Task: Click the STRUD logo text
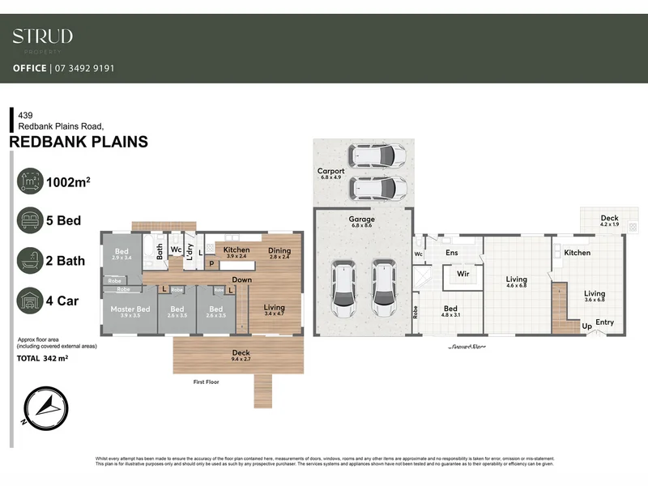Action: (42, 36)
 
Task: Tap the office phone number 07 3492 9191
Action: (83, 69)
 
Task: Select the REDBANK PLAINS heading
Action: (78, 143)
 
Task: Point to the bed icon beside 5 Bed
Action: (29, 220)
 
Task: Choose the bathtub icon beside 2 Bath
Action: (29, 261)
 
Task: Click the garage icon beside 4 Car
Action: (29, 301)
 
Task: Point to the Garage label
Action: (361, 220)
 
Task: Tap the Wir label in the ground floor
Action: (463, 275)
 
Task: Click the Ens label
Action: (453, 253)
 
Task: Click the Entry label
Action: (604, 322)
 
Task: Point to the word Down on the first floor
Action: (241, 280)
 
